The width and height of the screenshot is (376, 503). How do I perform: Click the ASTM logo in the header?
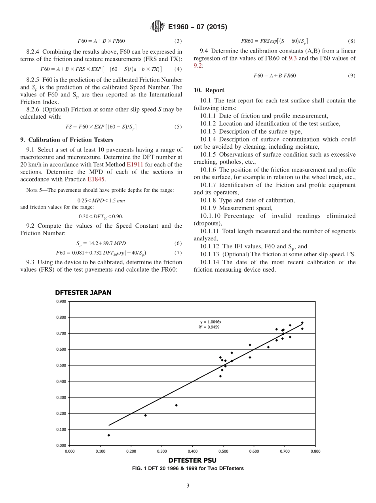[157, 27]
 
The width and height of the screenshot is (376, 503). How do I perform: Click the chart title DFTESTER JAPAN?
[83, 293]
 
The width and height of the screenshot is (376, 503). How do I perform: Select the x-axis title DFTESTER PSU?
[192, 460]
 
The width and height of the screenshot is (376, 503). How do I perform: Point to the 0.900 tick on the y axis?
[61, 301]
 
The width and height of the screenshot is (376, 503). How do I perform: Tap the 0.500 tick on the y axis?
[61, 365]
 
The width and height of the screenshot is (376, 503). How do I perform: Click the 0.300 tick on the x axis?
[161, 450]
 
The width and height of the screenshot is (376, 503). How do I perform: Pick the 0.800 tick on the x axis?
[315, 450]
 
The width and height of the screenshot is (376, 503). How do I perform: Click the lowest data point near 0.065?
[109, 435]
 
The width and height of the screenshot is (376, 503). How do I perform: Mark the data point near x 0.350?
[176, 405]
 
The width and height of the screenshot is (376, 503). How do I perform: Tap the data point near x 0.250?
[145, 415]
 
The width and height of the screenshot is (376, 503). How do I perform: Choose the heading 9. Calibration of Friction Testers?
[66, 140]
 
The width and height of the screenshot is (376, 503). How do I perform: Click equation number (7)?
[178, 253]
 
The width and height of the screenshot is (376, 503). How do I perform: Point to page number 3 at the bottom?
[188, 486]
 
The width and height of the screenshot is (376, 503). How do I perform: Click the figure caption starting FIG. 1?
[188, 468]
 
